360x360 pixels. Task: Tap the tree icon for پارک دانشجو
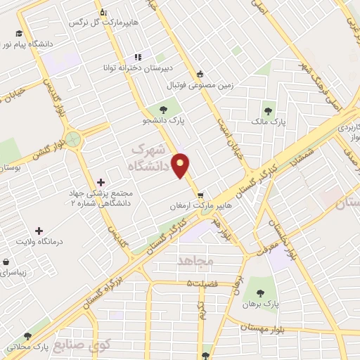pos(163,109)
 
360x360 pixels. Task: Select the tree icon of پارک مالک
pos(267,110)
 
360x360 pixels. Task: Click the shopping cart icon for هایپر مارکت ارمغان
pos(201,195)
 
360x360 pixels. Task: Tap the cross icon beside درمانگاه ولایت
pos(39,230)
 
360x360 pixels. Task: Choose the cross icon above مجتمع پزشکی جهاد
pos(101,182)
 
